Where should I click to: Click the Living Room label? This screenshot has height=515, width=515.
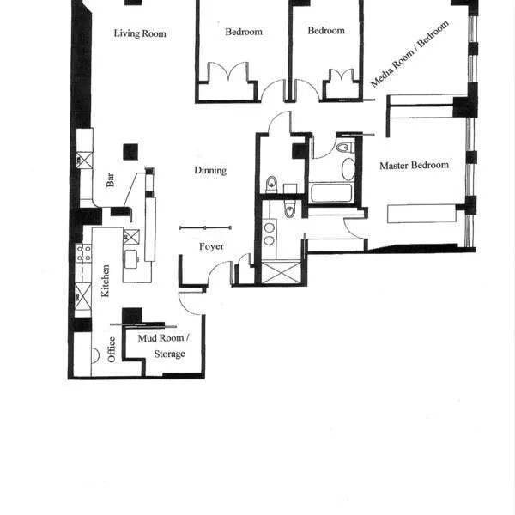pyautogui.click(x=140, y=34)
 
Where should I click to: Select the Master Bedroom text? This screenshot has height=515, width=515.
pyautogui.click(x=414, y=166)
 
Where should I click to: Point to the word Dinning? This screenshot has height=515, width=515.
pyautogui.click(x=210, y=171)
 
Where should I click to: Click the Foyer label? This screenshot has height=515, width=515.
pyautogui.click(x=212, y=247)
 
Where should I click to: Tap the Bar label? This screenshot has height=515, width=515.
pyautogui.click(x=111, y=181)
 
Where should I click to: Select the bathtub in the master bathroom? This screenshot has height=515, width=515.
pyautogui.click(x=331, y=191)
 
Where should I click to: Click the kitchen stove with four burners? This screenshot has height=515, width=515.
pyautogui.click(x=84, y=253)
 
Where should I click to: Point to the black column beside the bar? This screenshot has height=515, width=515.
pyautogui.click(x=130, y=152)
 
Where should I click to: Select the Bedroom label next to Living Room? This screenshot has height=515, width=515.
pyautogui.click(x=243, y=32)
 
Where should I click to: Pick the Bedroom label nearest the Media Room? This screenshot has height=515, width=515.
pyautogui.click(x=326, y=31)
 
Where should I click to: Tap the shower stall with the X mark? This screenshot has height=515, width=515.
pyautogui.click(x=281, y=274)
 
